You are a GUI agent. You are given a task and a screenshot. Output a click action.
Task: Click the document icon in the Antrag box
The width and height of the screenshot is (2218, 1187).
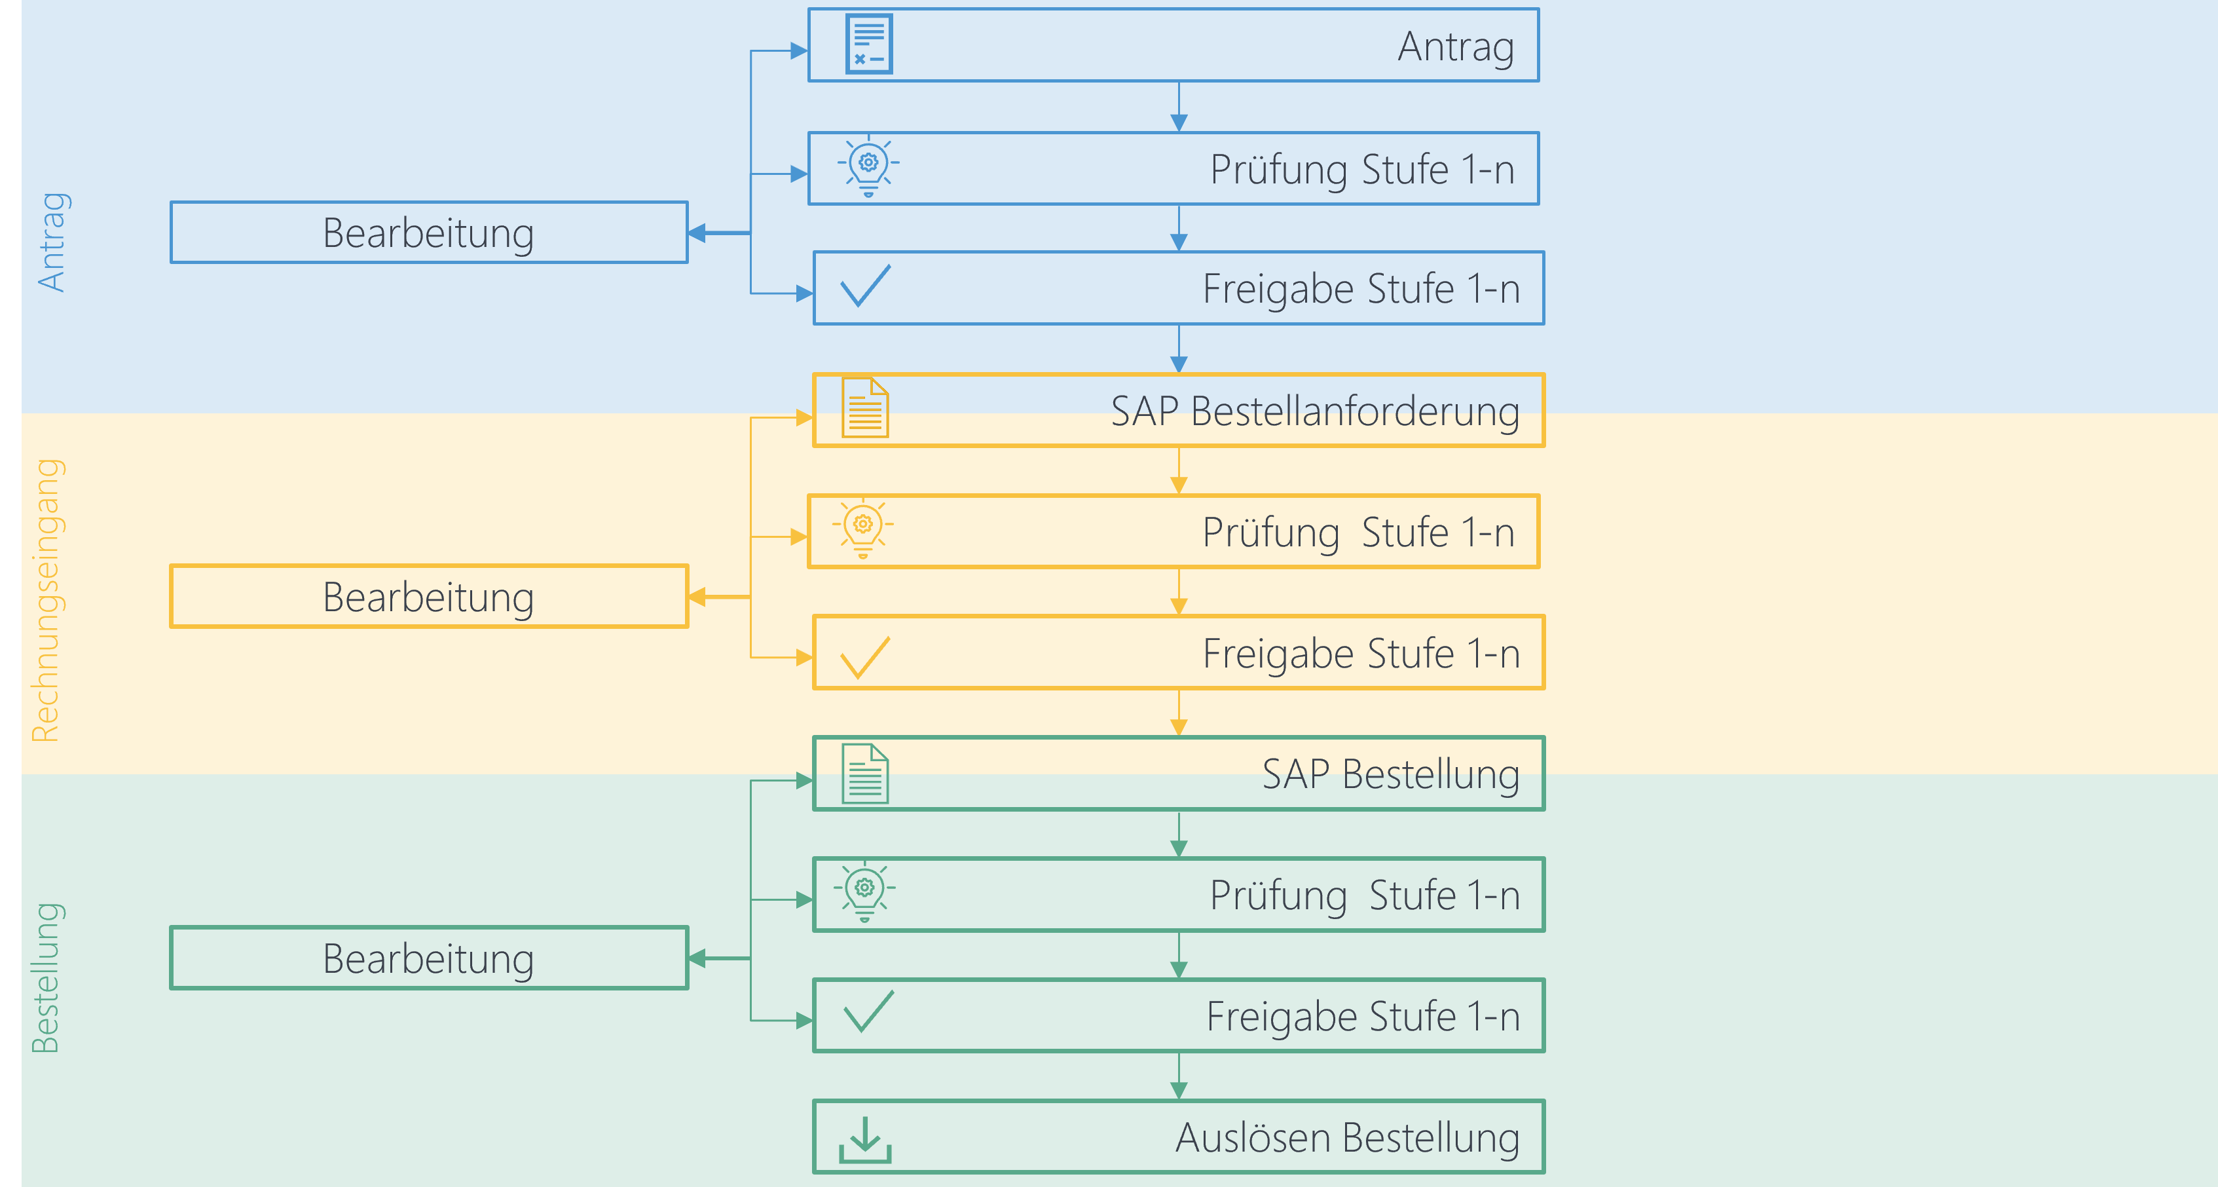pos(869,44)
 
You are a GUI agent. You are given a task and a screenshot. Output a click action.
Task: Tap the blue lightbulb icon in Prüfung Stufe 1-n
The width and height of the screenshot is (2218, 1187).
pos(868,165)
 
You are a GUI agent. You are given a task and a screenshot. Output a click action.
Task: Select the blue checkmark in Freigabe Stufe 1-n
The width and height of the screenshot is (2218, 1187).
pos(865,286)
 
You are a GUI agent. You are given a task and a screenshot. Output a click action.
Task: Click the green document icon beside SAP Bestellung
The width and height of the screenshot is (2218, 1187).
pos(864,773)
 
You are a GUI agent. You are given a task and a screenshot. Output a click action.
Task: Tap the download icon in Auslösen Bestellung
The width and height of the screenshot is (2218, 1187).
pos(864,1140)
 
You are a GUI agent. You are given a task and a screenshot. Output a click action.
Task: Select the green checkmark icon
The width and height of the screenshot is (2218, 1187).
pos(868,1011)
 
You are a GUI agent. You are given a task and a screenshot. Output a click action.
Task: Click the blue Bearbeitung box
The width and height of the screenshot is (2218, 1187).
pos(429,233)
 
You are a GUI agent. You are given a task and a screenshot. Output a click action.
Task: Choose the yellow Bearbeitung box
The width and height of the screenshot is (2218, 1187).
pos(429,596)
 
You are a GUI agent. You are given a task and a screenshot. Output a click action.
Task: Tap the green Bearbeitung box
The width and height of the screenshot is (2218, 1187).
pos(429,958)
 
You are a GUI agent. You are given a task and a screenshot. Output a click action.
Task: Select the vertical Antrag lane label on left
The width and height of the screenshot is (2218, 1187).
pos(52,242)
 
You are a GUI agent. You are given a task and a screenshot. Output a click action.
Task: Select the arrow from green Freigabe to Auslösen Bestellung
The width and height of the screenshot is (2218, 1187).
pos(1179,1077)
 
